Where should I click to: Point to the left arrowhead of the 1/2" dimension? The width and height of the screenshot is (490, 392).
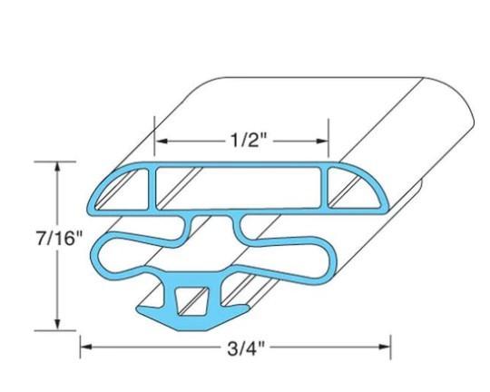tap(160, 141)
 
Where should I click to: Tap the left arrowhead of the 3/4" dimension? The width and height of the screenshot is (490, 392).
tap(86, 345)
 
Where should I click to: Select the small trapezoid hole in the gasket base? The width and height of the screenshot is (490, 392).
tap(193, 298)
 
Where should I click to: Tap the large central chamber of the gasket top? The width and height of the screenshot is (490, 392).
tap(241, 187)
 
